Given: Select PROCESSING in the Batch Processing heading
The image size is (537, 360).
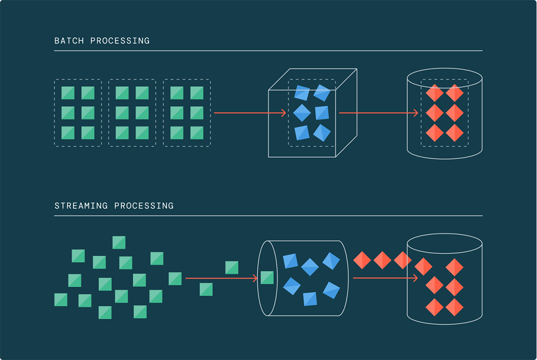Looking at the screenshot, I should (x=120, y=41).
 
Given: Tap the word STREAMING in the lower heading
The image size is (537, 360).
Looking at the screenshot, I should (x=81, y=206).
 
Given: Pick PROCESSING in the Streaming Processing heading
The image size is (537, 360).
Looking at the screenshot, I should (x=144, y=206).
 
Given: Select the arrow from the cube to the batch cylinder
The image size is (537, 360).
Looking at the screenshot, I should (x=378, y=113).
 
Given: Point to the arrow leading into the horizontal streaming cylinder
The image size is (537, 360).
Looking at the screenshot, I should (x=221, y=279).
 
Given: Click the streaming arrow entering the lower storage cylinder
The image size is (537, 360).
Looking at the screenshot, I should (x=385, y=278).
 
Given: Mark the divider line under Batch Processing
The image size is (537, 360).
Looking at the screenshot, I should (x=268, y=51).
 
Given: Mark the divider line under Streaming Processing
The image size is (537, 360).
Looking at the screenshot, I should (x=268, y=216).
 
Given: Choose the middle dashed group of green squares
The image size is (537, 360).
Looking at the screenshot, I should (x=132, y=113).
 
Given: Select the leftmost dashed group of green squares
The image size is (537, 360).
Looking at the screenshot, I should (x=78, y=113).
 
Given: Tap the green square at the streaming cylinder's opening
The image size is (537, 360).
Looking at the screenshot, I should (x=267, y=278).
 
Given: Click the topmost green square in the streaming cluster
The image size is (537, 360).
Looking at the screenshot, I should (x=119, y=242).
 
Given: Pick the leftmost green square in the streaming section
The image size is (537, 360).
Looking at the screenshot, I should (x=61, y=300).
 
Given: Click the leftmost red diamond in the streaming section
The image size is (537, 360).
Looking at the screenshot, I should (x=362, y=260).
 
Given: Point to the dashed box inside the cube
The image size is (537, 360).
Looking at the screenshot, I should (x=311, y=113).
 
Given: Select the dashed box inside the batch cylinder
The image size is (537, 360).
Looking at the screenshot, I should (x=444, y=113).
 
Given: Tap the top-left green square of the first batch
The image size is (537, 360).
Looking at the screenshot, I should (x=68, y=93).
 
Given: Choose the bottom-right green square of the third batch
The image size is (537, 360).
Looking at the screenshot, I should (x=197, y=133).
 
